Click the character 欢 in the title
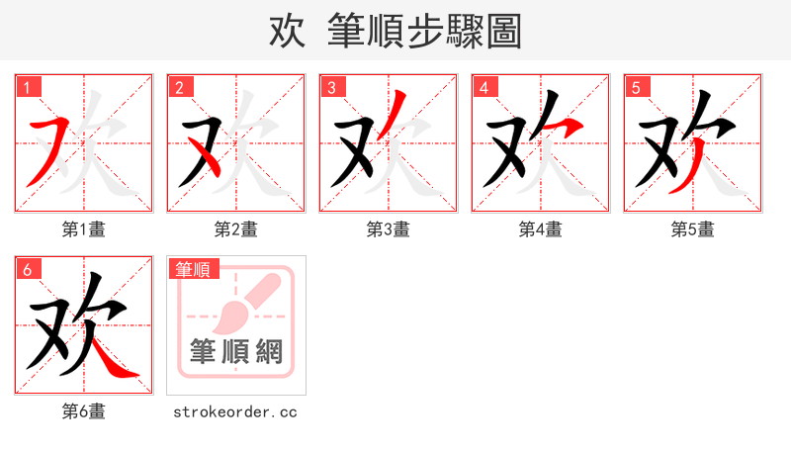[287, 31]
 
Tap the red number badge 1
[27, 87]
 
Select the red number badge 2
[179, 87]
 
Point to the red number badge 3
[331, 87]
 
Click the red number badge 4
[483, 87]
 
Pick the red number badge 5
[636, 87]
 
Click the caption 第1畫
[84, 229]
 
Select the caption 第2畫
[236, 229]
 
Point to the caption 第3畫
[389, 229]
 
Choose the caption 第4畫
[541, 229]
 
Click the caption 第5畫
[693, 229]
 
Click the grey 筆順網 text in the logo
[236, 352]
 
